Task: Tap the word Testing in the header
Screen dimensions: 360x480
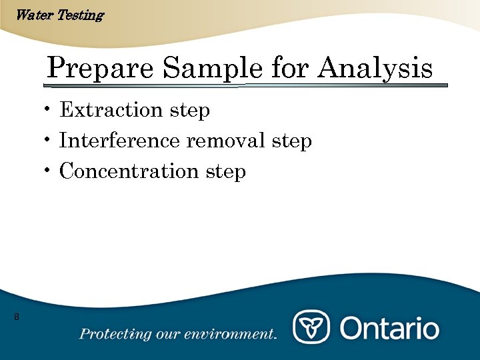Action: tap(80, 15)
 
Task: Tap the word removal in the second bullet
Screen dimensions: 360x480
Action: tap(225, 141)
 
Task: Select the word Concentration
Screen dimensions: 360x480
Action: tap(129, 171)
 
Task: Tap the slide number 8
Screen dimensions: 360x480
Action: tap(16, 317)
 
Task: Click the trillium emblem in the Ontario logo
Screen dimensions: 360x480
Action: tap(311, 327)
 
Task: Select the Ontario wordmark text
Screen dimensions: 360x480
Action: tap(390, 328)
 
